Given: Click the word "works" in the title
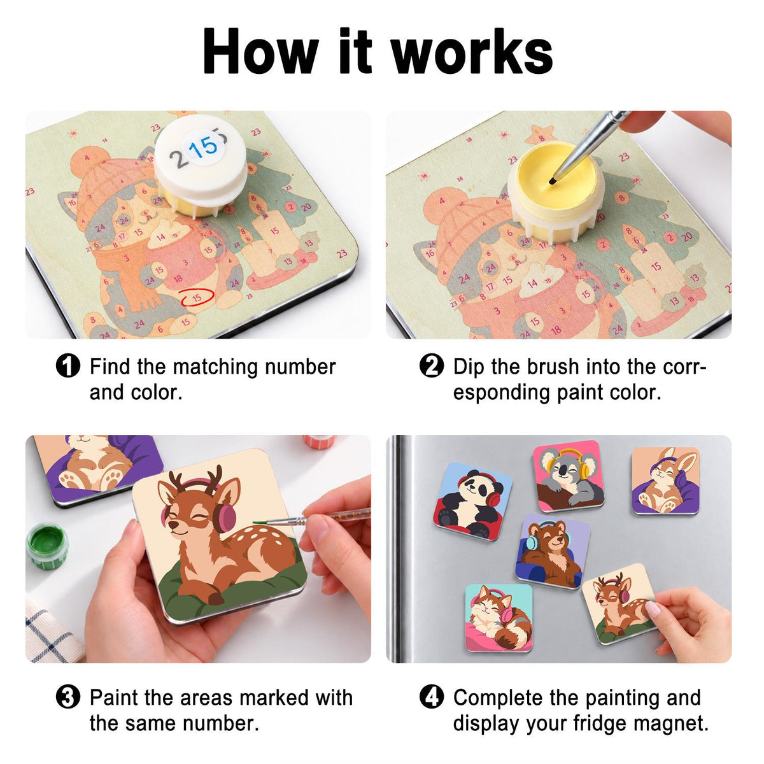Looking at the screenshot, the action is tap(472, 53).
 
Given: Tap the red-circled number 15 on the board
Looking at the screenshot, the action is tap(197, 297).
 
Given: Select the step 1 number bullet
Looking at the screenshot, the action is tap(67, 366).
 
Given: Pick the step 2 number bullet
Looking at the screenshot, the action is tap(432, 366).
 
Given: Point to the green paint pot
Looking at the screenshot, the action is tap(47, 546).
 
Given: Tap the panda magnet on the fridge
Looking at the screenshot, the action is tap(472, 501).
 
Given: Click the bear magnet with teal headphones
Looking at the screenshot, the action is tap(552, 551).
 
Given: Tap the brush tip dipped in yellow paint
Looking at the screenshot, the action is tap(552, 182).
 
